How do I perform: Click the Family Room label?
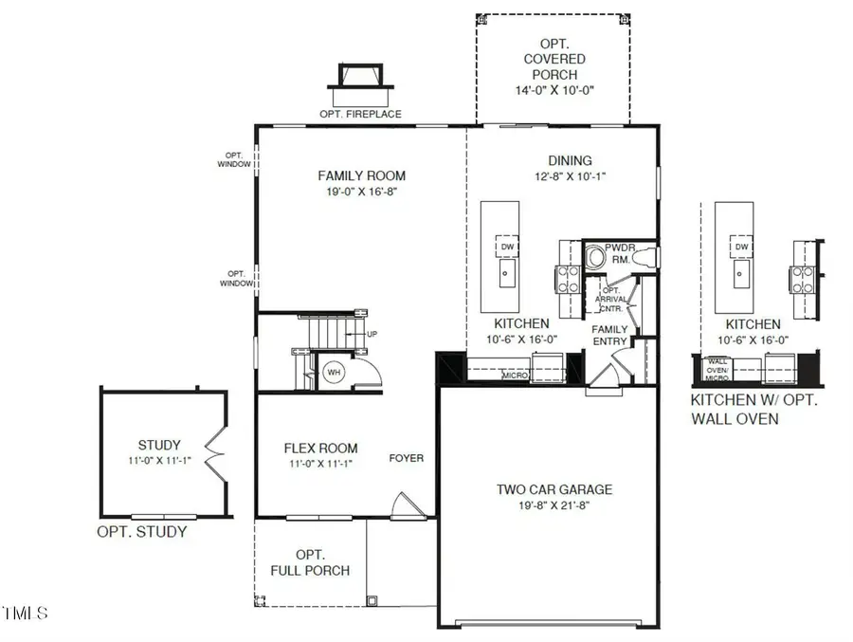(x=361, y=175)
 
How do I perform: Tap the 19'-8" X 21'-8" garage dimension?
(x=554, y=507)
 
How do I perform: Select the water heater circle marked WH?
(x=334, y=373)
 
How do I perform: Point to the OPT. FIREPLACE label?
(x=362, y=114)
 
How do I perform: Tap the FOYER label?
(x=406, y=458)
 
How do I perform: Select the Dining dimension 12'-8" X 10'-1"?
(x=570, y=176)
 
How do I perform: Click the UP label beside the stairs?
(x=372, y=335)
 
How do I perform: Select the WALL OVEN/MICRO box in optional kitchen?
(x=717, y=366)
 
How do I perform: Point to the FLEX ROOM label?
(x=321, y=449)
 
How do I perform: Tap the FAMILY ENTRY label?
(x=611, y=335)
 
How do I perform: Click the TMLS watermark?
(x=26, y=614)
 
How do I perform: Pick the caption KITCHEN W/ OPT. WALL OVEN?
(x=753, y=409)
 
